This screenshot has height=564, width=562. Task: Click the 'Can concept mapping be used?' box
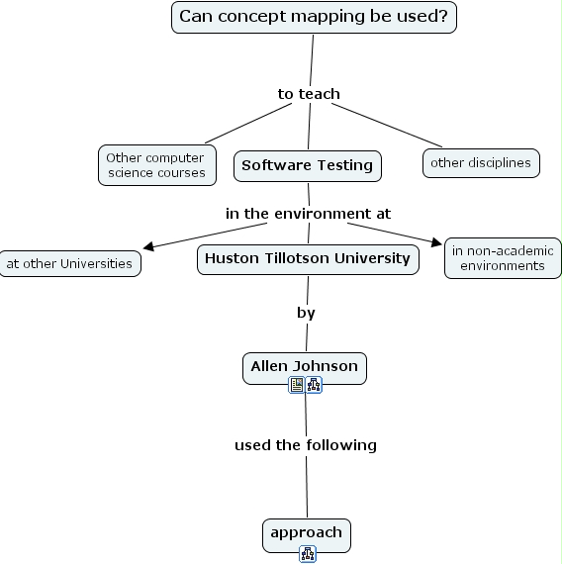click(314, 17)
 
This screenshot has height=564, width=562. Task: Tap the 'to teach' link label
click(309, 94)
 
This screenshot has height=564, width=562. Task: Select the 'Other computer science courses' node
click(155, 165)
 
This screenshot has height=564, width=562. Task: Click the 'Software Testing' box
click(307, 165)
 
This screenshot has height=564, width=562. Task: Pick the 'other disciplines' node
click(481, 162)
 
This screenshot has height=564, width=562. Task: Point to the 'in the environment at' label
click(308, 214)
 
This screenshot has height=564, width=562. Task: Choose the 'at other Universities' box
click(68, 264)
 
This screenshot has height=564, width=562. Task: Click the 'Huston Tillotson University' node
click(307, 259)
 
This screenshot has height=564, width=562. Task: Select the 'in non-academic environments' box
click(503, 258)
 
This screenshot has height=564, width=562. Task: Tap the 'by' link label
click(306, 313)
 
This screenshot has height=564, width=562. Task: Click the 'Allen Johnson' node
click(304, 367)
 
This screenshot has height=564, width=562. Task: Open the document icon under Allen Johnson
click(297, 386)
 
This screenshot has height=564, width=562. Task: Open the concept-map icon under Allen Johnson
click(314, 386)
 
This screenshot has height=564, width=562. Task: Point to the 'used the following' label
click(306, 445)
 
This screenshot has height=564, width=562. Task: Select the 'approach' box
click(306, 533)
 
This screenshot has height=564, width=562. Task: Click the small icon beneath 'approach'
click(307, 554)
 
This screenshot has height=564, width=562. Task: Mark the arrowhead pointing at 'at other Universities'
click(148, 246)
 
